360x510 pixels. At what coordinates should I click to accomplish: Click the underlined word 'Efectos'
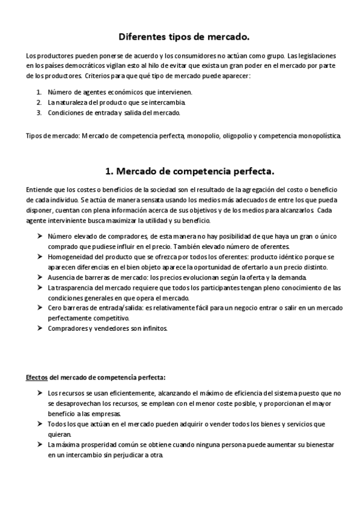tap(38, 378)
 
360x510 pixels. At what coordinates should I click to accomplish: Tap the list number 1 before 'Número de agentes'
tap(38, 92)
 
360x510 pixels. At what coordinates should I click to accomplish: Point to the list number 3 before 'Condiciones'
tap(38, 112)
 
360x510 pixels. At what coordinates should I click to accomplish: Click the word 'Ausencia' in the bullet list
tap(61, 277)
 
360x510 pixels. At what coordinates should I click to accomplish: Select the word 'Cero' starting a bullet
tap(55, 308)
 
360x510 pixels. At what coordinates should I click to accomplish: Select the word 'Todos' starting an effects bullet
tap(58, 424)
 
